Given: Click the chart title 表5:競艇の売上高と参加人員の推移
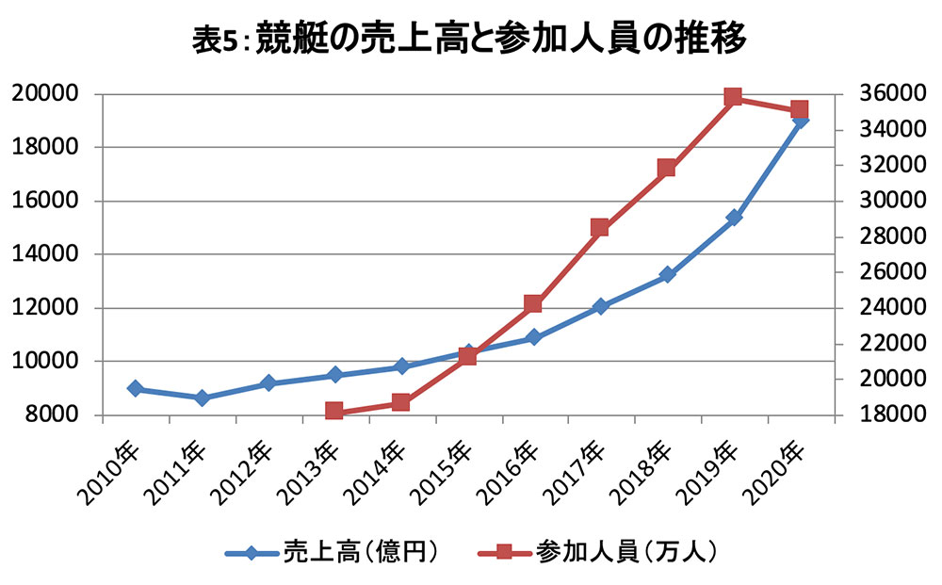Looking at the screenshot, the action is point(469,39).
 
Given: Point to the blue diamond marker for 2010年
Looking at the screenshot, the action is point(136,389).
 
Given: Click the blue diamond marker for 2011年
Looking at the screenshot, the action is point(203,398).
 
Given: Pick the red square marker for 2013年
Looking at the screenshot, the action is point(334,411).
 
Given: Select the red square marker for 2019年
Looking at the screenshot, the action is point(733,97).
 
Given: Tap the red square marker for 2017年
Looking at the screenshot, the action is point(599,228).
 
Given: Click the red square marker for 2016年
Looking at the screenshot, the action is point(533,303).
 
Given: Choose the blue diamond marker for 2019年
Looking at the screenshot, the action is point(734,218).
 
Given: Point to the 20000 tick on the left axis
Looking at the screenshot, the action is point(45,93).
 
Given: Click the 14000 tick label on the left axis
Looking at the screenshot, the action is point(45,254).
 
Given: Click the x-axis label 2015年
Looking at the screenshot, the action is point(444,473).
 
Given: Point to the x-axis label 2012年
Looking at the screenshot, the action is point(244,473).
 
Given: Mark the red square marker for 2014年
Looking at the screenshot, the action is point(400,402).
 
